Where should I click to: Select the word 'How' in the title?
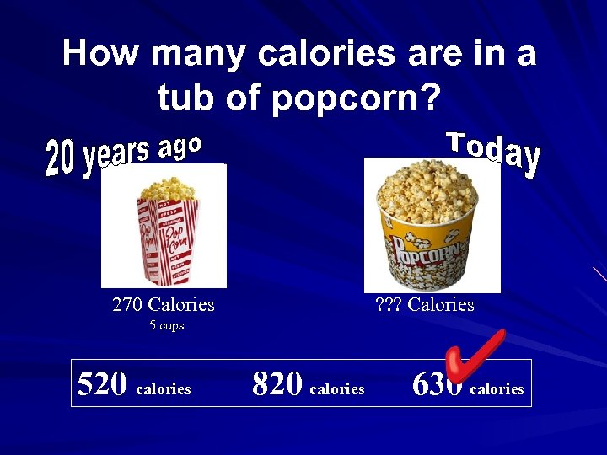pyautogui.click(x=101, y=54)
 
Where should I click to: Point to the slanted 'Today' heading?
pyautogui.click(x=493, y=153)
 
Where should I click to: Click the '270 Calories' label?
pyautogui.click(x=164, y=304)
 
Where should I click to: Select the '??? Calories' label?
pyautogui.click(x=424, y=304)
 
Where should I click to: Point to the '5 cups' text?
pyautogui.click(x=166, y=325)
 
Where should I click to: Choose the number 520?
pyautogui.click(x=101, y=384)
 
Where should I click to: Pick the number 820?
pyautogui.click(x=277, y=384)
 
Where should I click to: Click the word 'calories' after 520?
pyautogui.click(x=164, y=388)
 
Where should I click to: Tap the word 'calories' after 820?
pyautogui.click(x=337, y=388)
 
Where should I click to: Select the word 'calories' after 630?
pyautogui.click(x=497, y=388)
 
